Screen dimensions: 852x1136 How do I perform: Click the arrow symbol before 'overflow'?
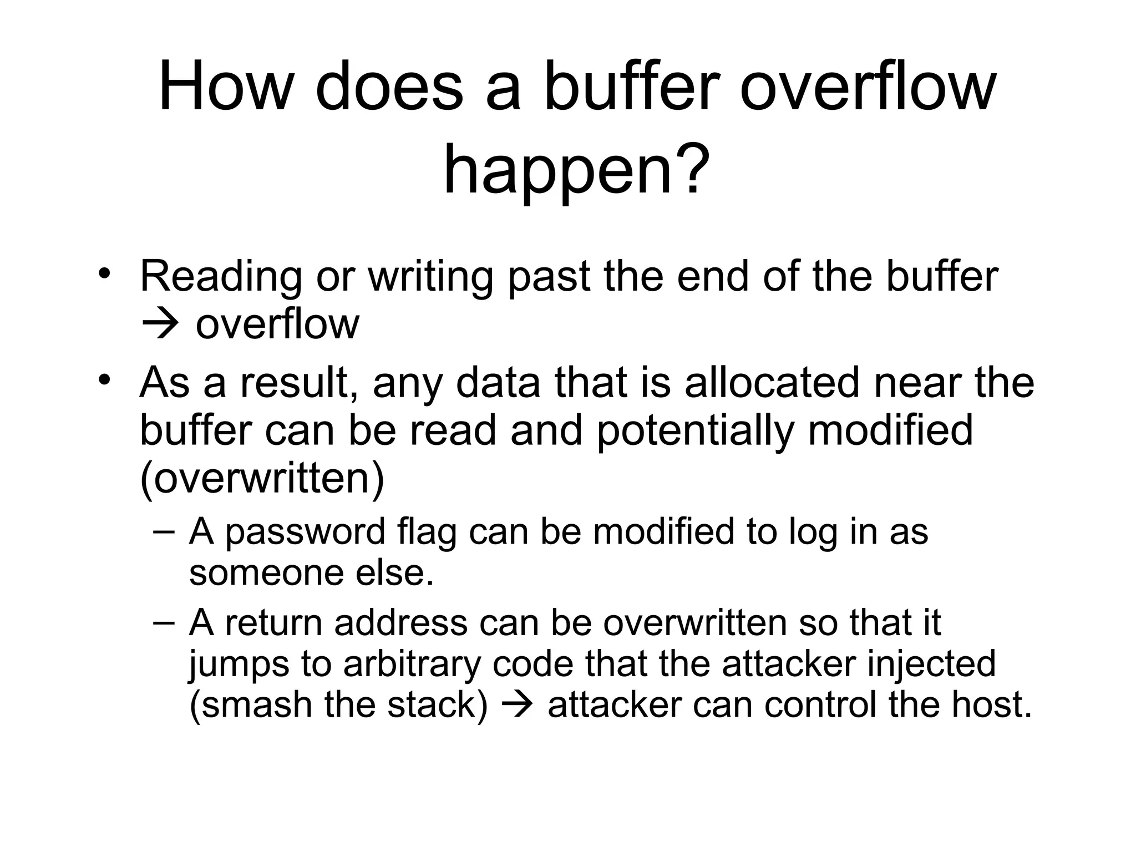[x=161, y=324]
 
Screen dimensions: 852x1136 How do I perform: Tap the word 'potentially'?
[x=696, y=432]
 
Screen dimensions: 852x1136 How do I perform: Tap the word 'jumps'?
[x=239, y=665]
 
